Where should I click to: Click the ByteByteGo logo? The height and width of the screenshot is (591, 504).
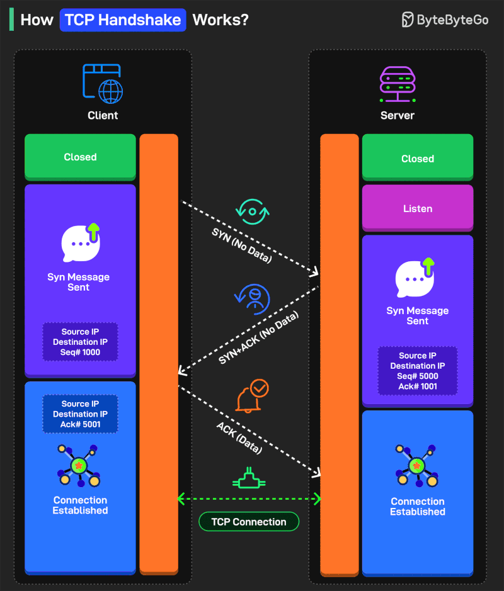(445, 20)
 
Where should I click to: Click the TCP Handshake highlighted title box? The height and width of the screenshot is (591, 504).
(123, 20)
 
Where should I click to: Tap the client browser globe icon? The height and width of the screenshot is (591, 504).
(103, 84)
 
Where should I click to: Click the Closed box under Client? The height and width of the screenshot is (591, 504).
(80, 157)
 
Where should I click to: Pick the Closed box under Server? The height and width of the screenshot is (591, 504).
(418, 159)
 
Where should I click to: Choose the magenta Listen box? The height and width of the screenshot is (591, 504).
(418, 208)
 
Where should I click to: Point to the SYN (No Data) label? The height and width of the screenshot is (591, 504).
(241, 244)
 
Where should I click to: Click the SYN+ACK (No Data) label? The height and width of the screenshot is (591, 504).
(258, 337)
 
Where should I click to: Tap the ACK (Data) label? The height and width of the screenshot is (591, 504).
(239, 438)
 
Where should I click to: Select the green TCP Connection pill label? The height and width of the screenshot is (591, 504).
(249, 521)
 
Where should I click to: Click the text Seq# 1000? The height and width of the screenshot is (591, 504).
(80, 352)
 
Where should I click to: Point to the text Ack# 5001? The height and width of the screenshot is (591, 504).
(80, 424)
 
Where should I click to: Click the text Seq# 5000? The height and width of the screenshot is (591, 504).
(418, 376)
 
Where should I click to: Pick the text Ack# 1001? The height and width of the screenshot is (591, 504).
(418, 386)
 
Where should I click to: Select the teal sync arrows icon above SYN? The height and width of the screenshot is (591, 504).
(252, 211)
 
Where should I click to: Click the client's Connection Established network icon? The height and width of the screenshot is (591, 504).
(79, 466)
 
